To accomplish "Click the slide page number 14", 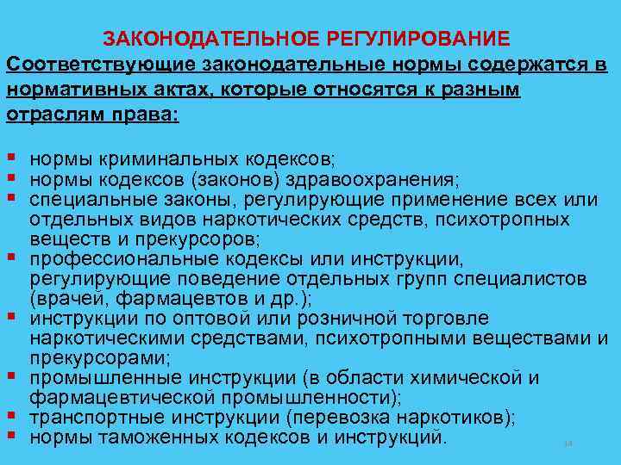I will (568, 443).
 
